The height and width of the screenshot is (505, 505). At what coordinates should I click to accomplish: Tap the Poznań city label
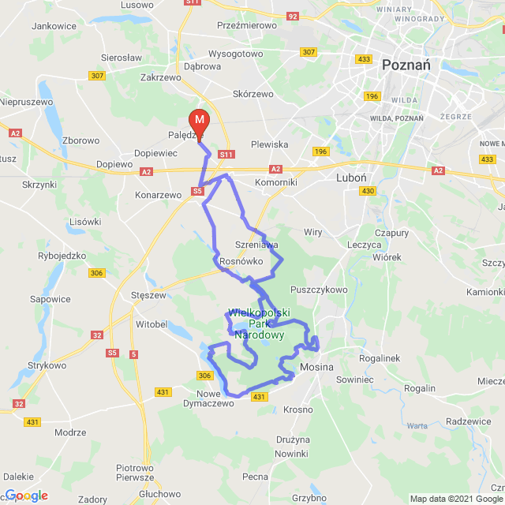tap(406, 65)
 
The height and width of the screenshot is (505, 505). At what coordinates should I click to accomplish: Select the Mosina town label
tap(317, 368)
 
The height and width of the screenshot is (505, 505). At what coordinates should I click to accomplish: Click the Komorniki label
tap(276, 181)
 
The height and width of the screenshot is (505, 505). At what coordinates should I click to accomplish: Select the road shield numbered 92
tap(293, 15)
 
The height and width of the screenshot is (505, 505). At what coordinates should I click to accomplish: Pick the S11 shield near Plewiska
tap(226, 155)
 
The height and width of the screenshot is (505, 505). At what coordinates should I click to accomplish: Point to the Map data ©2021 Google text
tap(456, 499)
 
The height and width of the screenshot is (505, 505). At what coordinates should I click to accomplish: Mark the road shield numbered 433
tap(364, 59)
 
